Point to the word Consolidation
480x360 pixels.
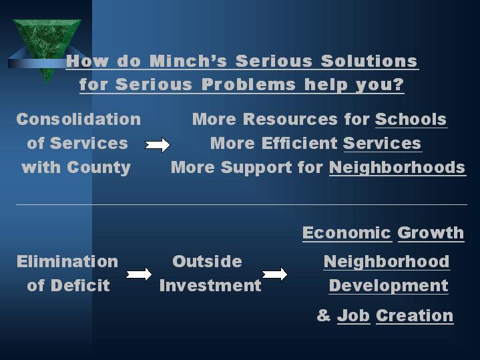(79, 120)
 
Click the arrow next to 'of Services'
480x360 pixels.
(158, 144)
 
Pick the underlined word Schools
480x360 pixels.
(411, 120)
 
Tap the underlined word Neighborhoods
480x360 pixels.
(397, 167)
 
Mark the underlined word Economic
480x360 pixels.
(346, 233)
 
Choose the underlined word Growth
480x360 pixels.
(430, 233)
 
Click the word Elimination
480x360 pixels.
(67, 261)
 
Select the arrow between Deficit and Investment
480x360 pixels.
(139, 274)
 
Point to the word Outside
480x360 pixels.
(207, 261)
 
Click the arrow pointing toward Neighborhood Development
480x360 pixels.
(274, 274)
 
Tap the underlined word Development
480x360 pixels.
(389, 286)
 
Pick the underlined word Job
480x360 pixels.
(353, 316)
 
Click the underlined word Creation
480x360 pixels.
(415, 316)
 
